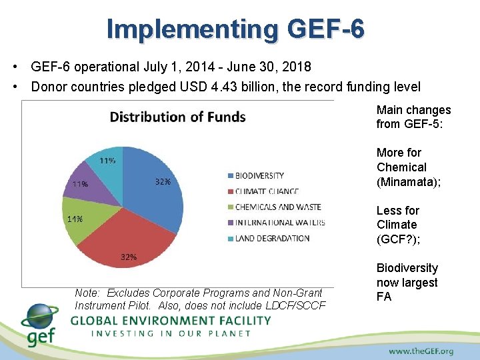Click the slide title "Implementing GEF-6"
pyautogui.click(x=235, y=29)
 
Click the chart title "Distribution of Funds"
pyautogui.click(x=177, y=117)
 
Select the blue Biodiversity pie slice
pyautogui.click(x=157, y=193)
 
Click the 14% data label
pyautogui.click(x=74, y=219)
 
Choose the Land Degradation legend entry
pyautogui.click(x=264, y=238)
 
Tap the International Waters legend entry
pyautogui.click(x=275, y=223)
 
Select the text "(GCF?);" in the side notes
pyautogui.click(x=397, y=239)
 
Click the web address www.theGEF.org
pyautogui.click(x=421, y=351)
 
